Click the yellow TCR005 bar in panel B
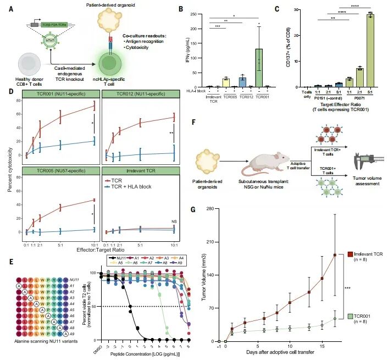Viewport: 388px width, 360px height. tap(210, 82)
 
